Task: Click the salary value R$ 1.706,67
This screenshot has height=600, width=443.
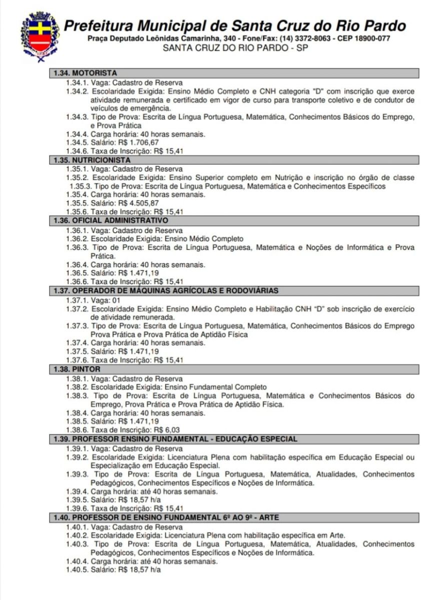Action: click(x=134, y=142)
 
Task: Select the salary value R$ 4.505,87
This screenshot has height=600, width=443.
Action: click(x=134, y=202)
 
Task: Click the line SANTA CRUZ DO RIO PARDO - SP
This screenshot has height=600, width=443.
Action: click(x=235, y=48)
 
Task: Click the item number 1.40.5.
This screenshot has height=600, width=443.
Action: click(x=77, y=570)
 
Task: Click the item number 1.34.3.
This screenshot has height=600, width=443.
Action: click(x=77, y=117)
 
